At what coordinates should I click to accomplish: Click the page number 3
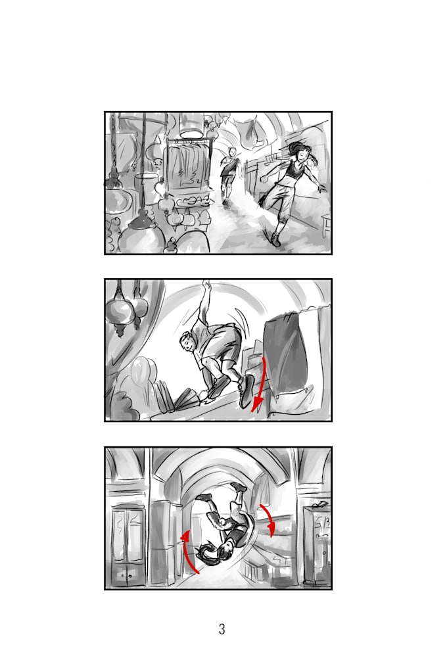222,629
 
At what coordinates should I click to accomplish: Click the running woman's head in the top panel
300,154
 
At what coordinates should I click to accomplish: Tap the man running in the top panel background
229,173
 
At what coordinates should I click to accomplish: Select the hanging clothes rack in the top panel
187,164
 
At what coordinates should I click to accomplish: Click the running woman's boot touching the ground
276,239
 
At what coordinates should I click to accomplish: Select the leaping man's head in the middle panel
189,343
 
